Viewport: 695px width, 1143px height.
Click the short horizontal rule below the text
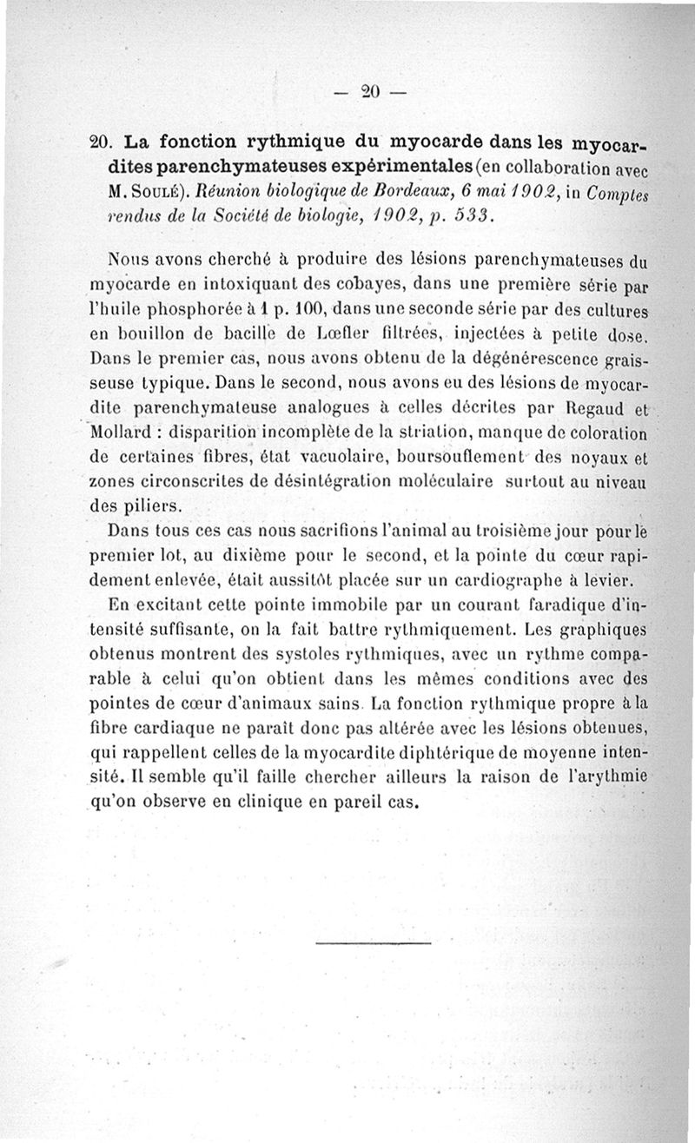pos(374,942)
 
